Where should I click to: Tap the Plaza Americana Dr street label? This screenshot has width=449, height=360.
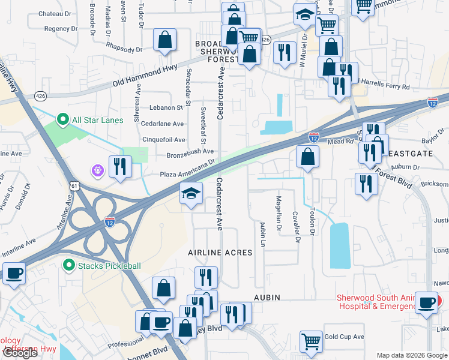pos(187,169)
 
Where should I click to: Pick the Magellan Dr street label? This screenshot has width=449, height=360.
pos(279,213)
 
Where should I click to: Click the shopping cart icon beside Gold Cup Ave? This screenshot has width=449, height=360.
pos(312,341)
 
